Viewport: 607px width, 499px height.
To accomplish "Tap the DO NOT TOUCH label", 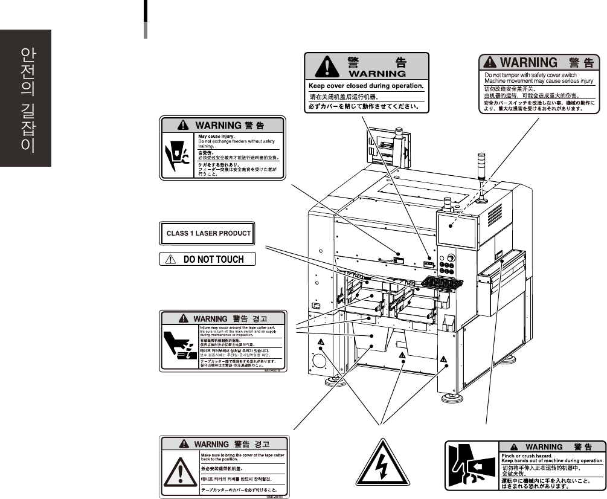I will pyautogui.click(x=208, y=259).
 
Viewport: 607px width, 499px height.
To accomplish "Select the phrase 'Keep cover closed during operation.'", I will pyautogui.click(x=367, y=86).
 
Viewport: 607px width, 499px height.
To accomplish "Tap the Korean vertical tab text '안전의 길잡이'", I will pyautogui.click(x=26, y=100).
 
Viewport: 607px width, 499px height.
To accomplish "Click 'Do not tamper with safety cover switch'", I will pyautogui.click(x=527, y=76).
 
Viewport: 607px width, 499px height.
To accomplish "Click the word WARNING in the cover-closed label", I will pyautogui.click(x=367, y=74).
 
